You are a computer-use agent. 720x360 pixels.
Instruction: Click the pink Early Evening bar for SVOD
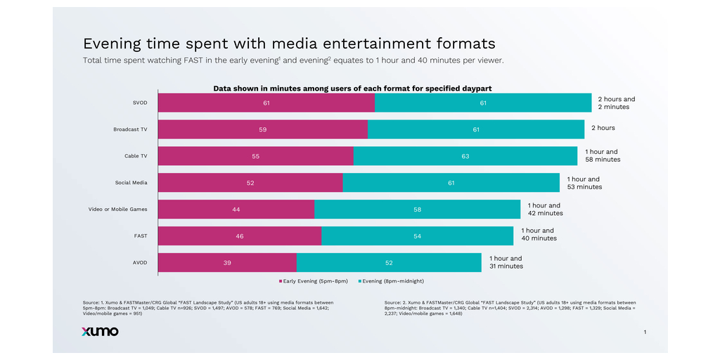pos(266,103)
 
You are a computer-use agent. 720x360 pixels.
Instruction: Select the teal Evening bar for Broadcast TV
pos(475,129)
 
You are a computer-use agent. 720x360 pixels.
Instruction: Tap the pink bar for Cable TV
pos(255,156)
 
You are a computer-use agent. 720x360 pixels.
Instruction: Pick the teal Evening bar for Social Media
pos(451,183)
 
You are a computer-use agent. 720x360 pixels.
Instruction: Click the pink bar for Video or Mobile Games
pos(236,210)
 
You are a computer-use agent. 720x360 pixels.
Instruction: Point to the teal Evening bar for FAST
pos(417,236)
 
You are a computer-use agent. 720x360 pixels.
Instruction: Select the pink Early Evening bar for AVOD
pos(226,262)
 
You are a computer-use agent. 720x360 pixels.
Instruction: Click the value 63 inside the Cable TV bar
pos(465,156)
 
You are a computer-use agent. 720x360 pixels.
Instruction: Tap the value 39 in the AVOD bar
pos(226,262)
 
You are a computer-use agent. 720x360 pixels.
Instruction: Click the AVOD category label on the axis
pos(140,262)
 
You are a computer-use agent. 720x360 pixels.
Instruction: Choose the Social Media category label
pos(131,183)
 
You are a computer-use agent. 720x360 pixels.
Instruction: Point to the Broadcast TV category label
pos(130,129)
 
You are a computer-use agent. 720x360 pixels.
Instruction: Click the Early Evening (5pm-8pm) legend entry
pos(315,281)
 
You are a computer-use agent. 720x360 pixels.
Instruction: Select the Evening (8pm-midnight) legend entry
pos(391,281)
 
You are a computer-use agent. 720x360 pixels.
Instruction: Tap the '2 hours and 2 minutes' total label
pos(616,103)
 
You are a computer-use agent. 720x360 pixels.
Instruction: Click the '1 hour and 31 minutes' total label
pos(506,262)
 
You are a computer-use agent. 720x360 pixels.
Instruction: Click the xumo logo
pos(95,331)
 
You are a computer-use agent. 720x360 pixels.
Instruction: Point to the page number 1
pos(645,331)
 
